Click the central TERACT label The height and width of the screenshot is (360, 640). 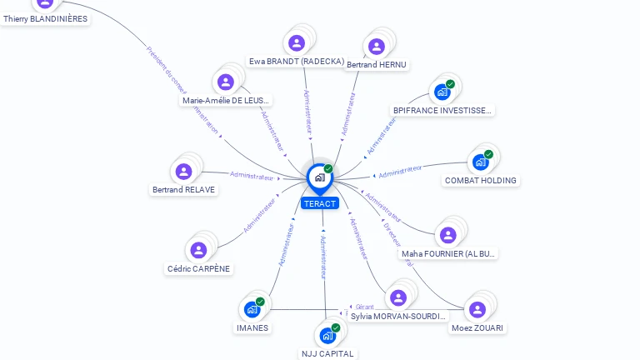pos(320,203)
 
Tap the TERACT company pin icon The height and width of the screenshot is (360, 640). pos(319,177)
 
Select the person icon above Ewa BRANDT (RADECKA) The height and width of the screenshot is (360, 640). pos(297,43)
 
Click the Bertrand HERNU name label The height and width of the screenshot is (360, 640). pos(377,64)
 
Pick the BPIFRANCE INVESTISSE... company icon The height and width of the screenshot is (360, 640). pos(442,92)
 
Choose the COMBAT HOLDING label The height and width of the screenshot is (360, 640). pos(481,180)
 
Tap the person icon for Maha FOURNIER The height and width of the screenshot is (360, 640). pos(448,235)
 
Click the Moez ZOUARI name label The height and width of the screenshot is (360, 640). pos(478,327)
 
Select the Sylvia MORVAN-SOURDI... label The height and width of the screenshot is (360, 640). pos(398,316)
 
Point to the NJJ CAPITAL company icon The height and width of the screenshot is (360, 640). pos(327,336)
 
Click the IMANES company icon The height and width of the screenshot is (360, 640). pos(252,309)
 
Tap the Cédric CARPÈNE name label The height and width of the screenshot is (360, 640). pos(198,268)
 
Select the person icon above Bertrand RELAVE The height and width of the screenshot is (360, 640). pos(184,172)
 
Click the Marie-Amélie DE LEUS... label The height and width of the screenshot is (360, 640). pos(226,101)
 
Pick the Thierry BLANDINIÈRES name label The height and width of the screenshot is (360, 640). pos(45,18)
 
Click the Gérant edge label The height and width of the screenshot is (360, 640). pos(365,307)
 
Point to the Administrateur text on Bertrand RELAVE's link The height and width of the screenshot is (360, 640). pos(252,176)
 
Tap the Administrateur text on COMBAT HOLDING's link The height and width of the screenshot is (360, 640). pos(400,172)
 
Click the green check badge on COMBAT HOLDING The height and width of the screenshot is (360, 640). pos(489,154)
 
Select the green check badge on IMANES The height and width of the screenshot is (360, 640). pos(260,302)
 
